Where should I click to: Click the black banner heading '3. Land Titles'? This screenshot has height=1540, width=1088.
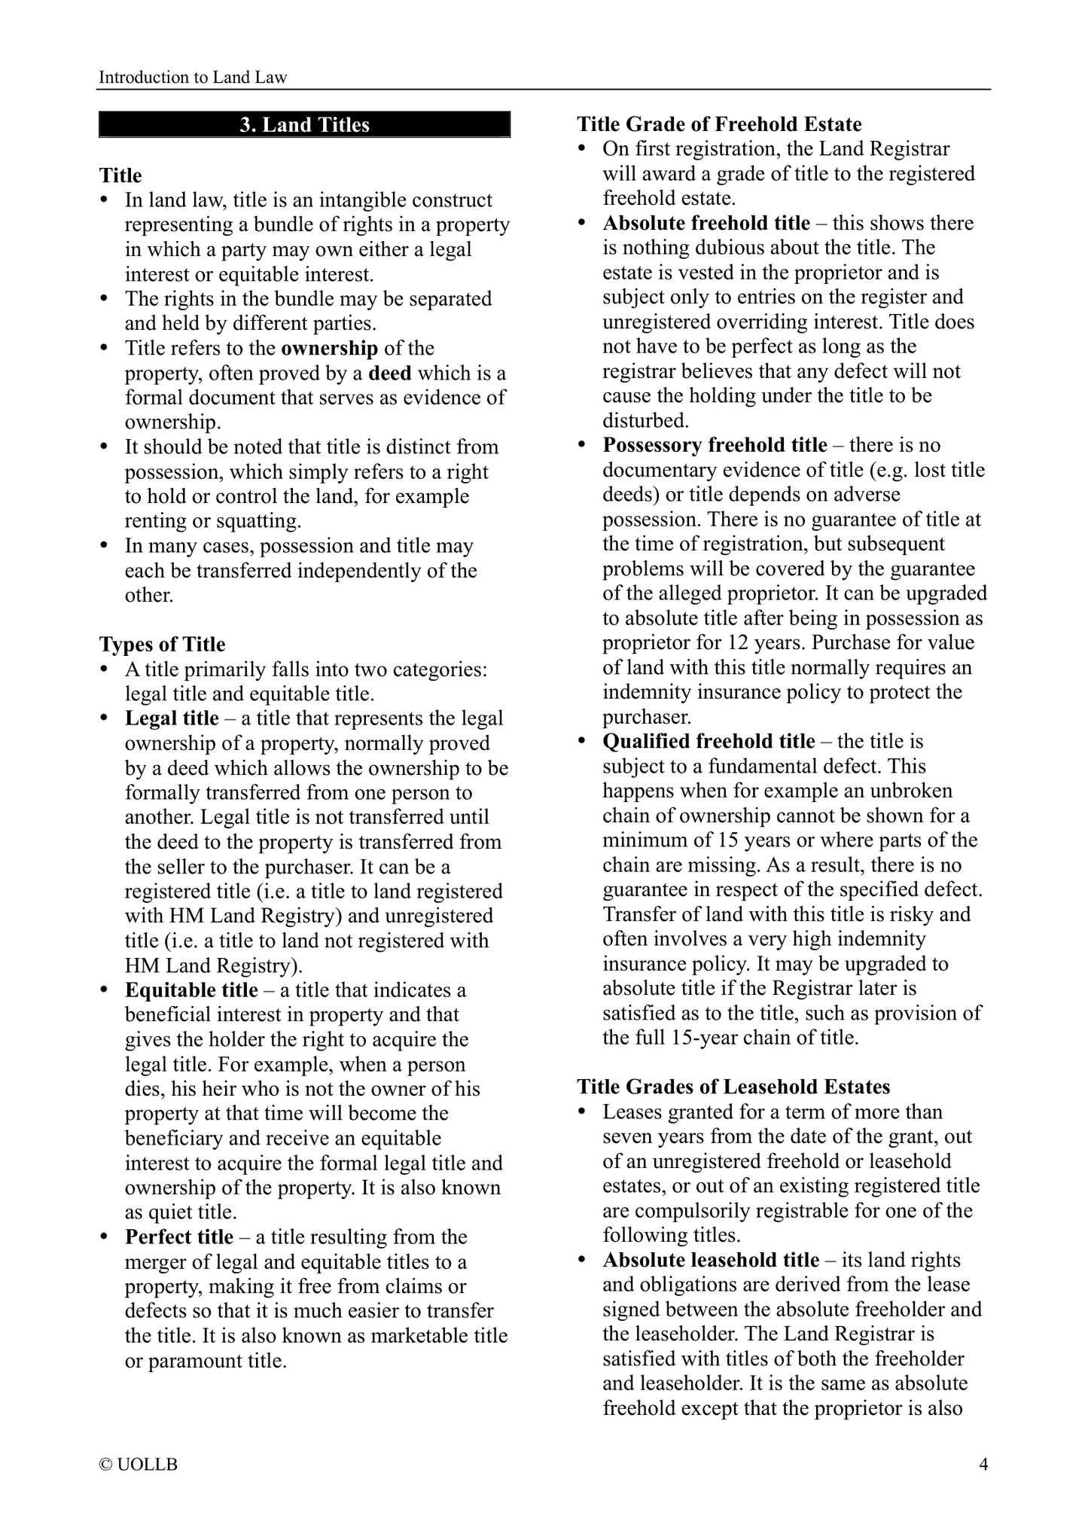pyautogui.click(x=304, y=125)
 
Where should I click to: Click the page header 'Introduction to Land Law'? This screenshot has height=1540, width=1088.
pyautogui.click(x=193, y=77)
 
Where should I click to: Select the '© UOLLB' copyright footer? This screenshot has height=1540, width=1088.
pyautogui.click(x=139, y=1465)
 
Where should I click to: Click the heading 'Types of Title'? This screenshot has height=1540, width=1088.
pyautogui.click(x=162, y=645)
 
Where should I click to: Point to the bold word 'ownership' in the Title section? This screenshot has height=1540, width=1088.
pyautogui.click(x=329, y=349)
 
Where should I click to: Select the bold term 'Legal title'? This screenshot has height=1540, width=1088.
pyautogui.click(x=172, y=718)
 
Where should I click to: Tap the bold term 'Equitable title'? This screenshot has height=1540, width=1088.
pyautogui.click(x=191, y=990)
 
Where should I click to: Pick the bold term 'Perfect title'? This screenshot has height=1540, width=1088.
pyautogui.click(x=179, y=1237)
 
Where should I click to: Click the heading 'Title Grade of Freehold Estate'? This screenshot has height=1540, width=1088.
pyautogui.click(x=719, y=124)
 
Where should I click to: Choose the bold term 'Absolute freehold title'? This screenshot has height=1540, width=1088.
pyautogui.click(x=706, y=224)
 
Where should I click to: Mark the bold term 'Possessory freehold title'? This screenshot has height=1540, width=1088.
pyautogui.click(x=715, y=446)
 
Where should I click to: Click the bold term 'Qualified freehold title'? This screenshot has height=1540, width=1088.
pyautogui.click(x=709, y=742)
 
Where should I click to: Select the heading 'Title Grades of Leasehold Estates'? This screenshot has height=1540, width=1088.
pyautogui.click(x=733, y=1087)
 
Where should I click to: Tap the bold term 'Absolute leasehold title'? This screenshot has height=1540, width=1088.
pyautogui.click(x=711, y=1260)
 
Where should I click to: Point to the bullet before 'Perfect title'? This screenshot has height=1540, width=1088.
pyautogui.click(x=105, y=1237)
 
